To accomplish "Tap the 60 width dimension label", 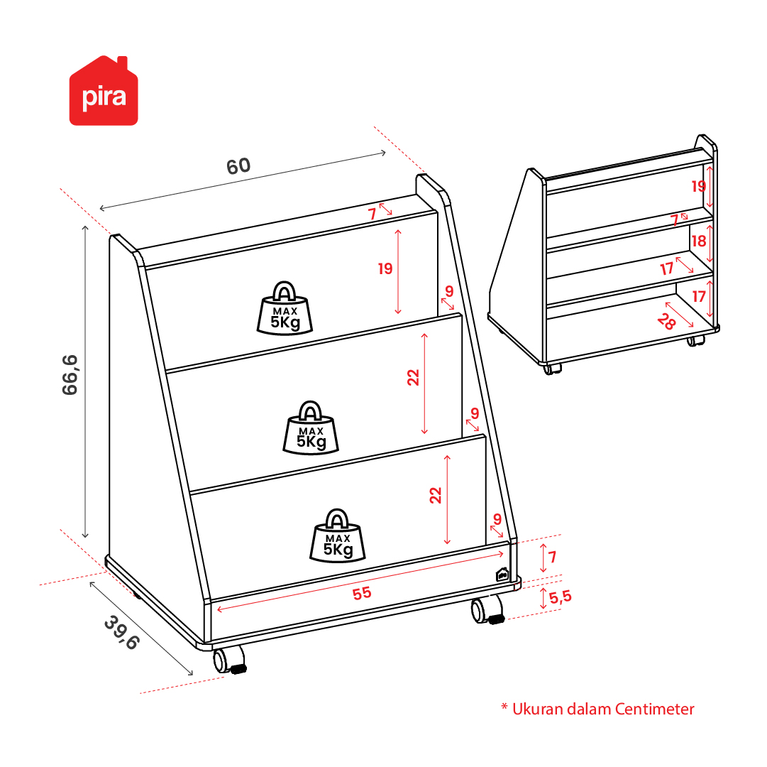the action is tap(238, 166).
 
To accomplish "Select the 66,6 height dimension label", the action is tap(70, 375).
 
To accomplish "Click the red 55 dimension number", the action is tap(362, 593).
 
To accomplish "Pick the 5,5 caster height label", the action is tap(560, 597).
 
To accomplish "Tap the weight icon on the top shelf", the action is tap(285, 308).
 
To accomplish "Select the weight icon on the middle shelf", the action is tap(311, 428).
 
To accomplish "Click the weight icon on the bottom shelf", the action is tap(338, 535).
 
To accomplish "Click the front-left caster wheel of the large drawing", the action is tap(229, 660).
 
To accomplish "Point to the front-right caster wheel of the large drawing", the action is tap(487, 610).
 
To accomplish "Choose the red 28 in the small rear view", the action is tap(666, 322).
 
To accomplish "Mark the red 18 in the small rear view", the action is tap(698, 241).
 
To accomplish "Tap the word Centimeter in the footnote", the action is tap(654, 709).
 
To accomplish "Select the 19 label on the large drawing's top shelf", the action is tap(385, 268).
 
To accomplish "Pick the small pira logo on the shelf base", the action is tap(502, 574).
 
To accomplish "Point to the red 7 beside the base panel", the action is tap(552, 557).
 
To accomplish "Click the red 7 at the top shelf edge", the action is tap(373, 214).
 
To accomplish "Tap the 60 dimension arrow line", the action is tap(243, 180).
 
